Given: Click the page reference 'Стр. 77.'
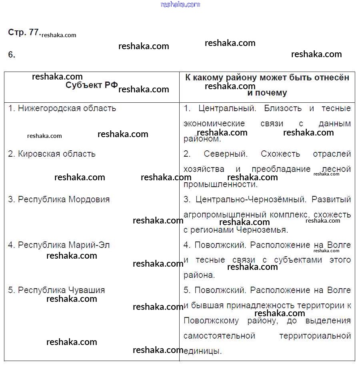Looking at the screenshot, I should pyautogui.click(x=24, y=33).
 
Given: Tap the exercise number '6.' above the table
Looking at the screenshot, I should pyautogui.click(x=12, y=55).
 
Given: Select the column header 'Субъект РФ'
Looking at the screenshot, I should pyautogui.click(x=92, y=85).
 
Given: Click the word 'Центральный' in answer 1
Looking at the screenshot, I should pyautogui.click(x=226, y=108).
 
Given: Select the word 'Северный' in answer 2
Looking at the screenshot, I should pyautogui.click(x=226, y=154).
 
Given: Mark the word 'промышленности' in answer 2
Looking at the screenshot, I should pyautogui.click(x=220, y=185).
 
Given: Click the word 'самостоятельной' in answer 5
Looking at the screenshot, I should pyautogui.click(x=219, y=336).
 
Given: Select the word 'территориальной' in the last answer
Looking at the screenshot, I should pyautogui.click(x=315, y=336).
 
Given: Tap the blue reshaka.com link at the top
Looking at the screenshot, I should pyautogui.click(x=180, y=4).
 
